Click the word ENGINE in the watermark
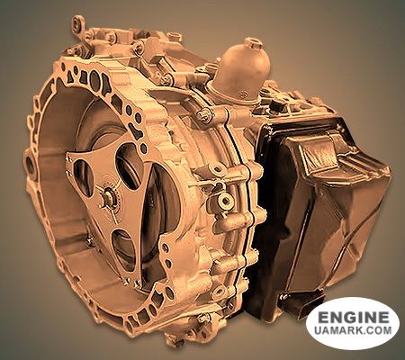(352, 318)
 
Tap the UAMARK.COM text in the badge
(352, 333)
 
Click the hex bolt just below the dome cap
(205, 115)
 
